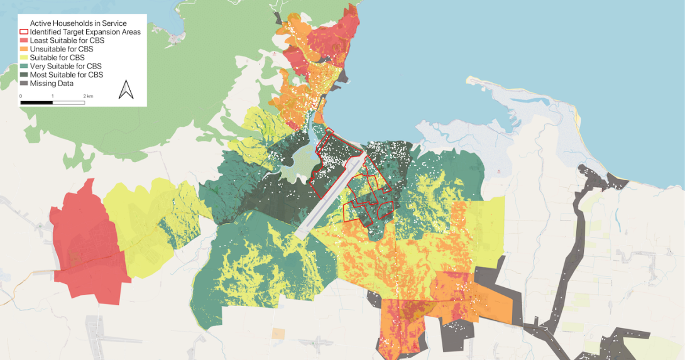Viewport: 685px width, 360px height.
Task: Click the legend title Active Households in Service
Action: (79, 23)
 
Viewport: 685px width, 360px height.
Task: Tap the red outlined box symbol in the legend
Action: (24, 32)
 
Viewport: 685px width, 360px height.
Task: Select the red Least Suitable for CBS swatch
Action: (24, 40)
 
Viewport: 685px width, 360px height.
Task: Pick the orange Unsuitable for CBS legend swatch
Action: (24, 49)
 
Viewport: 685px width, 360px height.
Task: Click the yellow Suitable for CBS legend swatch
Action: (24, 57)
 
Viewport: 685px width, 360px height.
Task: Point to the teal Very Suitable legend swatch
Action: (24, 66)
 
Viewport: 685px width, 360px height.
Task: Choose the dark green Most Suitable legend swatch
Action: (24, 75)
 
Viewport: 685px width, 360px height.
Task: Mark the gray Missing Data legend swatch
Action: (24, 83)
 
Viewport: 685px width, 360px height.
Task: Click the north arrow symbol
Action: (126, 90)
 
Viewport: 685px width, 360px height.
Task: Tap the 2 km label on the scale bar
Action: (88, 96)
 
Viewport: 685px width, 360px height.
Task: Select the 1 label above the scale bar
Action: (53, 96)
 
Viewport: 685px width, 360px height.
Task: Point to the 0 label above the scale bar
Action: (21, 96)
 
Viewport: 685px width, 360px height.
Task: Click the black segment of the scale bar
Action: (36, 102)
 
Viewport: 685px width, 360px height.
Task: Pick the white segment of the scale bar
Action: (68, 102)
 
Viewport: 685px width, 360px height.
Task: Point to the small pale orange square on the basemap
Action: (278, 333)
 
